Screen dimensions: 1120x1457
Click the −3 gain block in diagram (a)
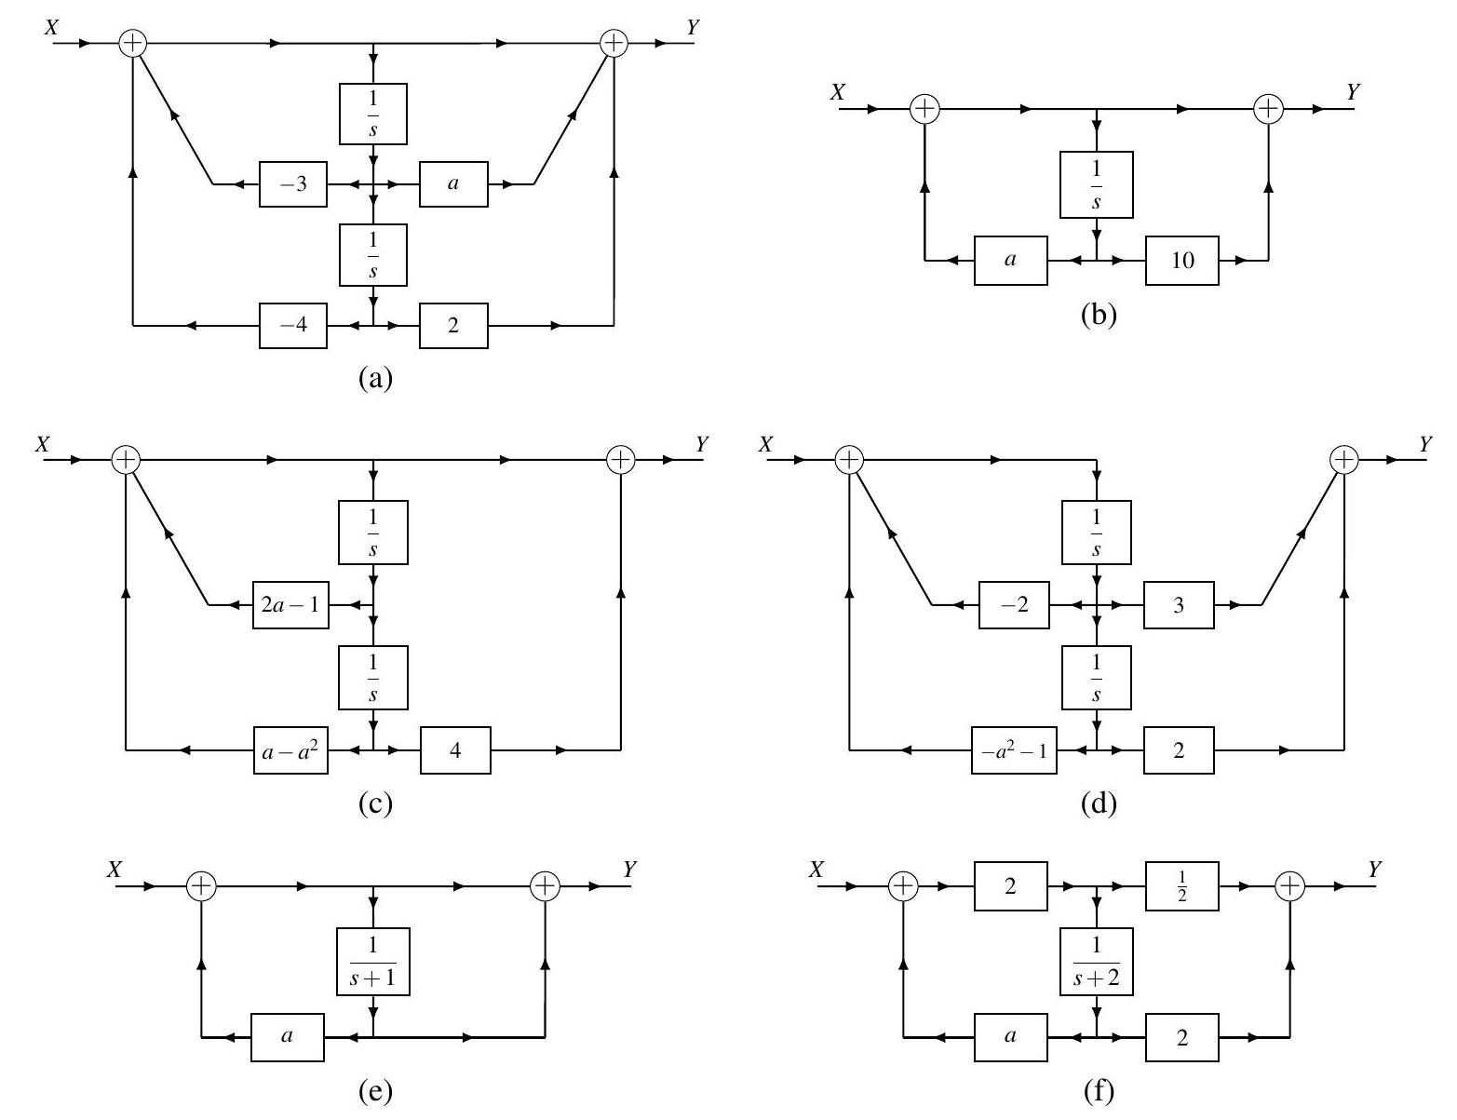coord(293,184)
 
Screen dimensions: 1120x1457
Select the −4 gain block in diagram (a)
coord(293,325)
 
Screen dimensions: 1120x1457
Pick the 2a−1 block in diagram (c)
coord(290,604)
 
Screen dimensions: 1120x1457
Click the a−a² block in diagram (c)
coord(290,749)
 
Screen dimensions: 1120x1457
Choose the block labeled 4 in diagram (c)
coord(455,749)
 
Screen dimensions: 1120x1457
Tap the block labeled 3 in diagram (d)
coord(1179,604)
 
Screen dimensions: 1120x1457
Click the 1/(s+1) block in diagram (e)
coord(372,960)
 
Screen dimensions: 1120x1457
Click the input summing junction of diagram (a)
coord(133,43)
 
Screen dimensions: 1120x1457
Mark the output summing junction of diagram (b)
coord(1268,109)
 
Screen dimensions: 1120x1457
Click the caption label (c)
coord(375,803)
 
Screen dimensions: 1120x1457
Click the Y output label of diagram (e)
coord(630,869)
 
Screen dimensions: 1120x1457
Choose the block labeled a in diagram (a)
coord(453,184)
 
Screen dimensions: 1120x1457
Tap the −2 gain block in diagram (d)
coord(1013,604)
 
